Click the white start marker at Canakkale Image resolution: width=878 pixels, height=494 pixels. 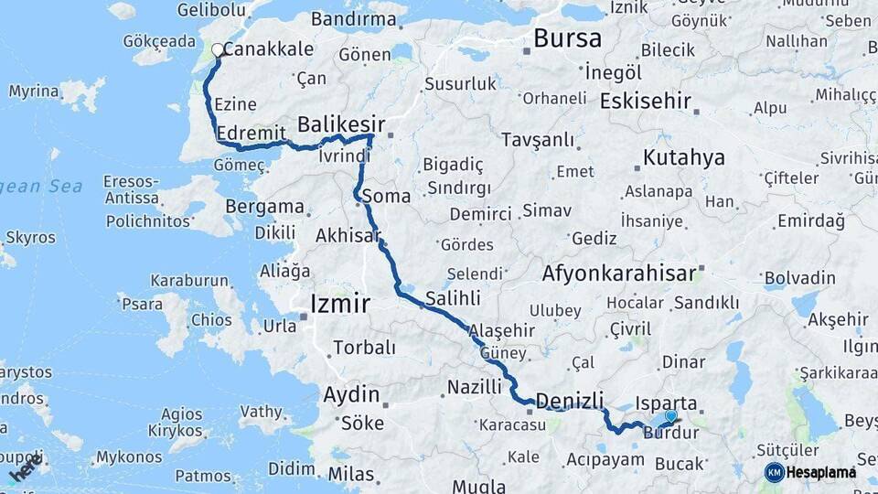218,50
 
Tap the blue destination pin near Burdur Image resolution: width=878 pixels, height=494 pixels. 671,417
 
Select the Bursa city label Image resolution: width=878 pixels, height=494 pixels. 567,38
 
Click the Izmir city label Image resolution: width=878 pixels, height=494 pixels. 340,304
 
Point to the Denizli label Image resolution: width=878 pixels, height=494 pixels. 570,401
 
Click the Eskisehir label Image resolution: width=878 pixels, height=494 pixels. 646,101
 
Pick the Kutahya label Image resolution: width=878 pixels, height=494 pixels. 684,157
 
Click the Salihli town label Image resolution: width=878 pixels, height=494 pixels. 453,297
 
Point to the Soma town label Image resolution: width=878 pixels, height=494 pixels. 386,196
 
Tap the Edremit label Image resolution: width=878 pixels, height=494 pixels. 252,134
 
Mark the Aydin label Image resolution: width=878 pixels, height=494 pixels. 351,395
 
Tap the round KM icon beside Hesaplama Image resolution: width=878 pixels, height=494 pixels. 775,472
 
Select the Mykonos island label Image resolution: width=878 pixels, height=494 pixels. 129,456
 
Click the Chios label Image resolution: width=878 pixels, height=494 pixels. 211,320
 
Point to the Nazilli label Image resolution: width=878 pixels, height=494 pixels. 475,388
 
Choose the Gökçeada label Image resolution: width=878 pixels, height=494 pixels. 159,41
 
